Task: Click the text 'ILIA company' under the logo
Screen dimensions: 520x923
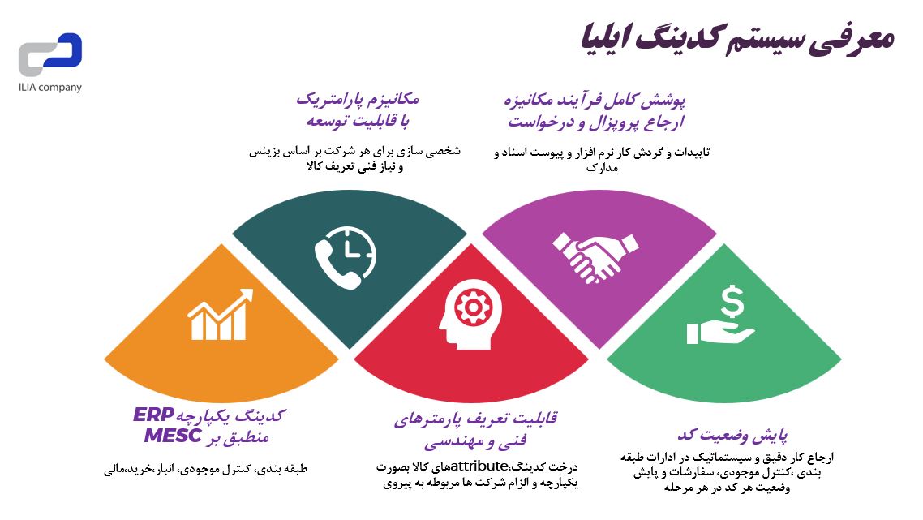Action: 50,88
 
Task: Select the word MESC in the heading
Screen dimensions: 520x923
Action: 173,436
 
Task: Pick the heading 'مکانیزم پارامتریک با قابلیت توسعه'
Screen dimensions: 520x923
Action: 357,110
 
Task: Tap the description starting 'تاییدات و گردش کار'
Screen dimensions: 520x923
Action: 601,159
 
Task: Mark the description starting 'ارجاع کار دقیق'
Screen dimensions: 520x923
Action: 726,472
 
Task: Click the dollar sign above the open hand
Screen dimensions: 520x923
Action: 733,301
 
